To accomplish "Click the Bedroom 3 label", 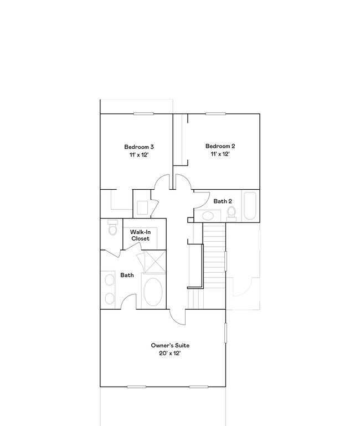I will (x=138, y=147).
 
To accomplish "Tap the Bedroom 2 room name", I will (x=220, y=146).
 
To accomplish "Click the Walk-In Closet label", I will (x=140, y=235).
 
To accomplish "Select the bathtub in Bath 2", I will (x=249, y=206).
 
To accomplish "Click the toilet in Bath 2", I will (x=232, y=211).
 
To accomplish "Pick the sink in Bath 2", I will (x=208, y=216).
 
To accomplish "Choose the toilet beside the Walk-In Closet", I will (x=112, y=228).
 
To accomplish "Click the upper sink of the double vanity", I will (x=109, y=279).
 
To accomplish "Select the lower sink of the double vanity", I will (x=109, y=298).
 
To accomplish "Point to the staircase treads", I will (x=214, y=254).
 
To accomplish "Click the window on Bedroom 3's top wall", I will (x=143, y=114).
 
